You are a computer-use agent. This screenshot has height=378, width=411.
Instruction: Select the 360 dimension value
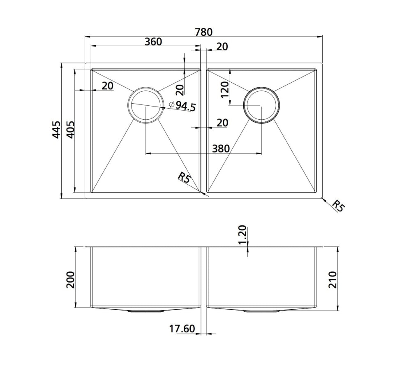tap(153, 42)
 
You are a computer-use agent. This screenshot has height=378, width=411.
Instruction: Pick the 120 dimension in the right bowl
tap(224, 89)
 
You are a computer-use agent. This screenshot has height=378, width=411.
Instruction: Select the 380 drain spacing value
tap(220, 148)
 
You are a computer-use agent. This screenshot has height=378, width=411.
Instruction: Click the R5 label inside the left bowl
tap(184, 178)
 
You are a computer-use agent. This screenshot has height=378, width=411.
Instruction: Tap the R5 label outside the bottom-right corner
tap(337, 206)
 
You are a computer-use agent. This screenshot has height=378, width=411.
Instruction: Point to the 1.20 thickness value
tap(242, 235)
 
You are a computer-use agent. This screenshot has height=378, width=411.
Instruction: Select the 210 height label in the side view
tap(332, 280)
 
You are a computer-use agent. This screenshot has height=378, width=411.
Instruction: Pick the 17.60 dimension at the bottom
tap(182, 329)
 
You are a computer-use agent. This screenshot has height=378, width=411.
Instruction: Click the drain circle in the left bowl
tap(145, 105)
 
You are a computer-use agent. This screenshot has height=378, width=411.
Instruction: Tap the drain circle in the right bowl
tap(261, 105)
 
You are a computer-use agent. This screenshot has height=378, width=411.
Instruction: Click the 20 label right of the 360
tap(222, 47)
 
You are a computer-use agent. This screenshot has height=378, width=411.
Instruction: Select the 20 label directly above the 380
tap(222, 123)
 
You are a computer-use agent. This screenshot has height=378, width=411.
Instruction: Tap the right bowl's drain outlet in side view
tap(261, 311)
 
